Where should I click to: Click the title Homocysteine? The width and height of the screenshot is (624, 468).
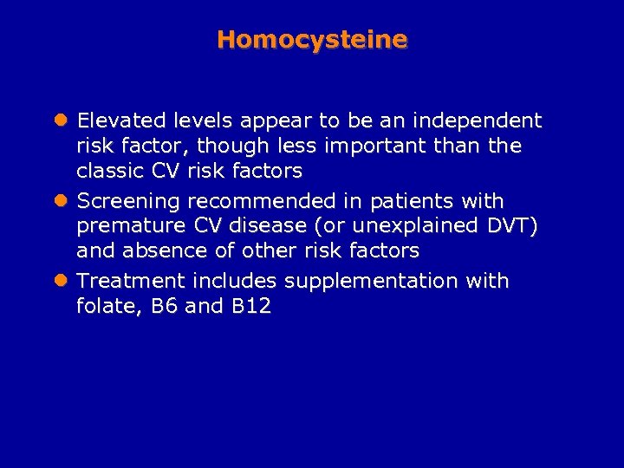(312, 40)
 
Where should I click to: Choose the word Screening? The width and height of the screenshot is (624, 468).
(128, 201)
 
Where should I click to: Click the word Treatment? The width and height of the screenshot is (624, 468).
(131, 281)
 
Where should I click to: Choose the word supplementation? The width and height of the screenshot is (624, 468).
(373, 282)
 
